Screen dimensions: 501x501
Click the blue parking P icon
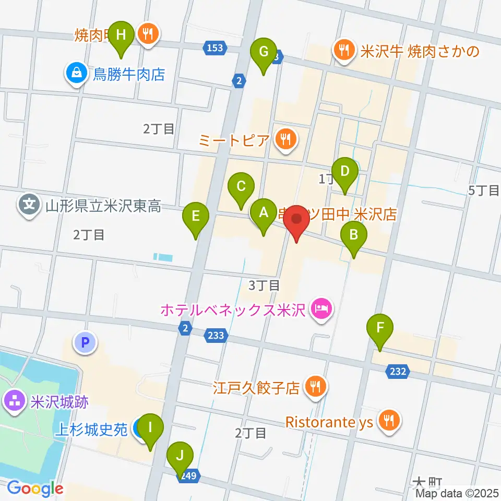[86, 343]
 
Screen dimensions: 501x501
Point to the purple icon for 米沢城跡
[13, 402]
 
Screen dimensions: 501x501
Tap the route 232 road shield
[397, 371]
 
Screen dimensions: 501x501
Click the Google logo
[35, 489]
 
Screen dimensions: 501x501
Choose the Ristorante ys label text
[329, 422]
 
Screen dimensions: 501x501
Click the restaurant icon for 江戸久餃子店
[315, 387]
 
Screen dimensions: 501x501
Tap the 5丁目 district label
[484, 190]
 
